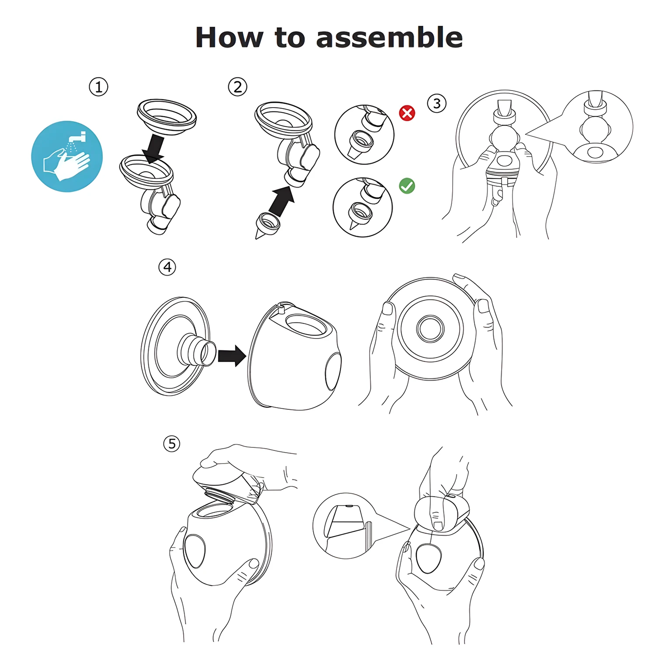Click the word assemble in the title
389,38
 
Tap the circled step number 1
98,87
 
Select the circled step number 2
237,87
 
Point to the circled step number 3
436,104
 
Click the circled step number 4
167,267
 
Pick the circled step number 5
171,444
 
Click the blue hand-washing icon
67,157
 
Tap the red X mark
407,113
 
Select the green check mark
407,186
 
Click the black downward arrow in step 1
154,149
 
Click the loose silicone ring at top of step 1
167,115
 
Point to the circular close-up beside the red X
364,134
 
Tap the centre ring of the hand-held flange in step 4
430,329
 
